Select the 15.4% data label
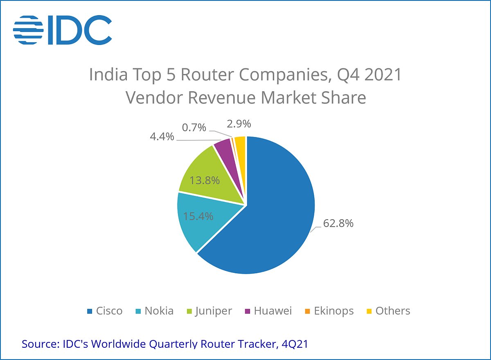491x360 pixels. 198,216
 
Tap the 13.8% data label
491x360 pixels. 205,180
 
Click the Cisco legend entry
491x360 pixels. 105,311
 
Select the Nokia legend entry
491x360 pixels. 155,311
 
